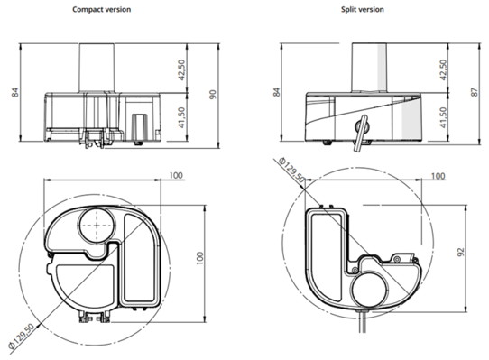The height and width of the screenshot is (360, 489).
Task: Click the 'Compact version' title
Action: (101, 10)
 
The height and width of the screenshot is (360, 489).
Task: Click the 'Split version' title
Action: (363, 10)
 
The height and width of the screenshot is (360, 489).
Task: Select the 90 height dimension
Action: (212, 94)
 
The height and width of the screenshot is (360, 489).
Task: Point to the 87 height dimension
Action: (475, 92)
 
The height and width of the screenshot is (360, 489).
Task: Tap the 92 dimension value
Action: (461, 252)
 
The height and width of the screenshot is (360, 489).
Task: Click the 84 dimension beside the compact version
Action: (15, 93)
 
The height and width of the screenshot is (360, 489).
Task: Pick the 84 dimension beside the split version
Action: (277, 93)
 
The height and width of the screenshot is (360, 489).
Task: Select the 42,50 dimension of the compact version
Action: (181, 69)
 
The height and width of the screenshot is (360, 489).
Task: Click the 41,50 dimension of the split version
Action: (443, 117)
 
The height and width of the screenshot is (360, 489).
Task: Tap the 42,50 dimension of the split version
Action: (443, 69)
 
